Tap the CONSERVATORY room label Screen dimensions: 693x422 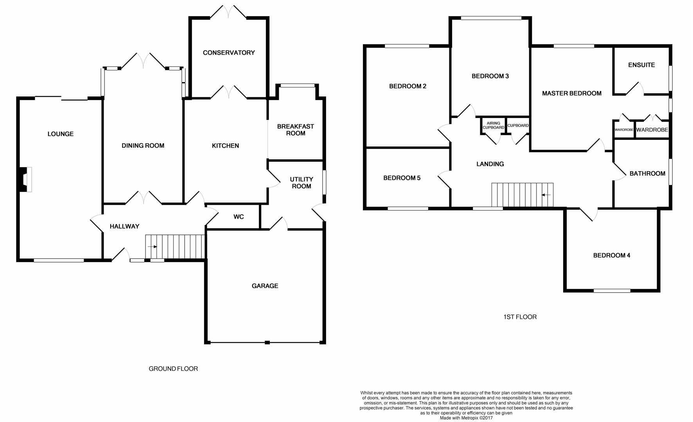tap(229, 53)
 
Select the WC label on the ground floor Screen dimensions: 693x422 tap(239, 217)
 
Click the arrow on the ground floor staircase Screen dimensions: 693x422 tap(153, 247)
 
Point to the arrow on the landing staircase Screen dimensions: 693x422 tap(546, 195)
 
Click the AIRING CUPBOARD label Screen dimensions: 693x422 tap(494, 125)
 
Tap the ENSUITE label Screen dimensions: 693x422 tap(641, 65)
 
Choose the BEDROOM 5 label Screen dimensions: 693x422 tap(402, 178)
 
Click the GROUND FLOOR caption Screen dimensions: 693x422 tap(173, 369)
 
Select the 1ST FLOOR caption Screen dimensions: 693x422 tap(520, 317)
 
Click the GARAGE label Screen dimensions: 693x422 tap(265, 286)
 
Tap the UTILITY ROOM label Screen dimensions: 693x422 tap(302, 183)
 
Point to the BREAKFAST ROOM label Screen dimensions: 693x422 tap(296, 130)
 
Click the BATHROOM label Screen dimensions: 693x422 tap(647, 174)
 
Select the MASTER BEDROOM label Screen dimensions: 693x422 tap(572, 93)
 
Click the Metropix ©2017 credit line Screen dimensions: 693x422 tap(466, 418)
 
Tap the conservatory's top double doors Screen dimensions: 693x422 tap(229, 12)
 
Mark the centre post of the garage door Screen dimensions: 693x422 tap(267, 343)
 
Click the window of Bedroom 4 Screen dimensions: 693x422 tap(612, 291)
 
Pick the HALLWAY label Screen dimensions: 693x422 tap(124, 227)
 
